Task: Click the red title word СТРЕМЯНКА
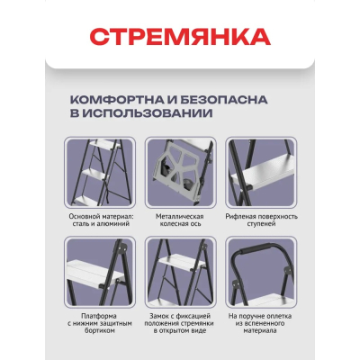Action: tap(180, 38)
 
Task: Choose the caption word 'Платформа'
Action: tap(99, 317)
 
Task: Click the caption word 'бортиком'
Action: tap(99, 337)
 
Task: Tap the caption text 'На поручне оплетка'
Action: tap(260, 317)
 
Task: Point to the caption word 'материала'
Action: tap(260, 337)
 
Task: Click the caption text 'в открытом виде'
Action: tap(180, 337)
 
